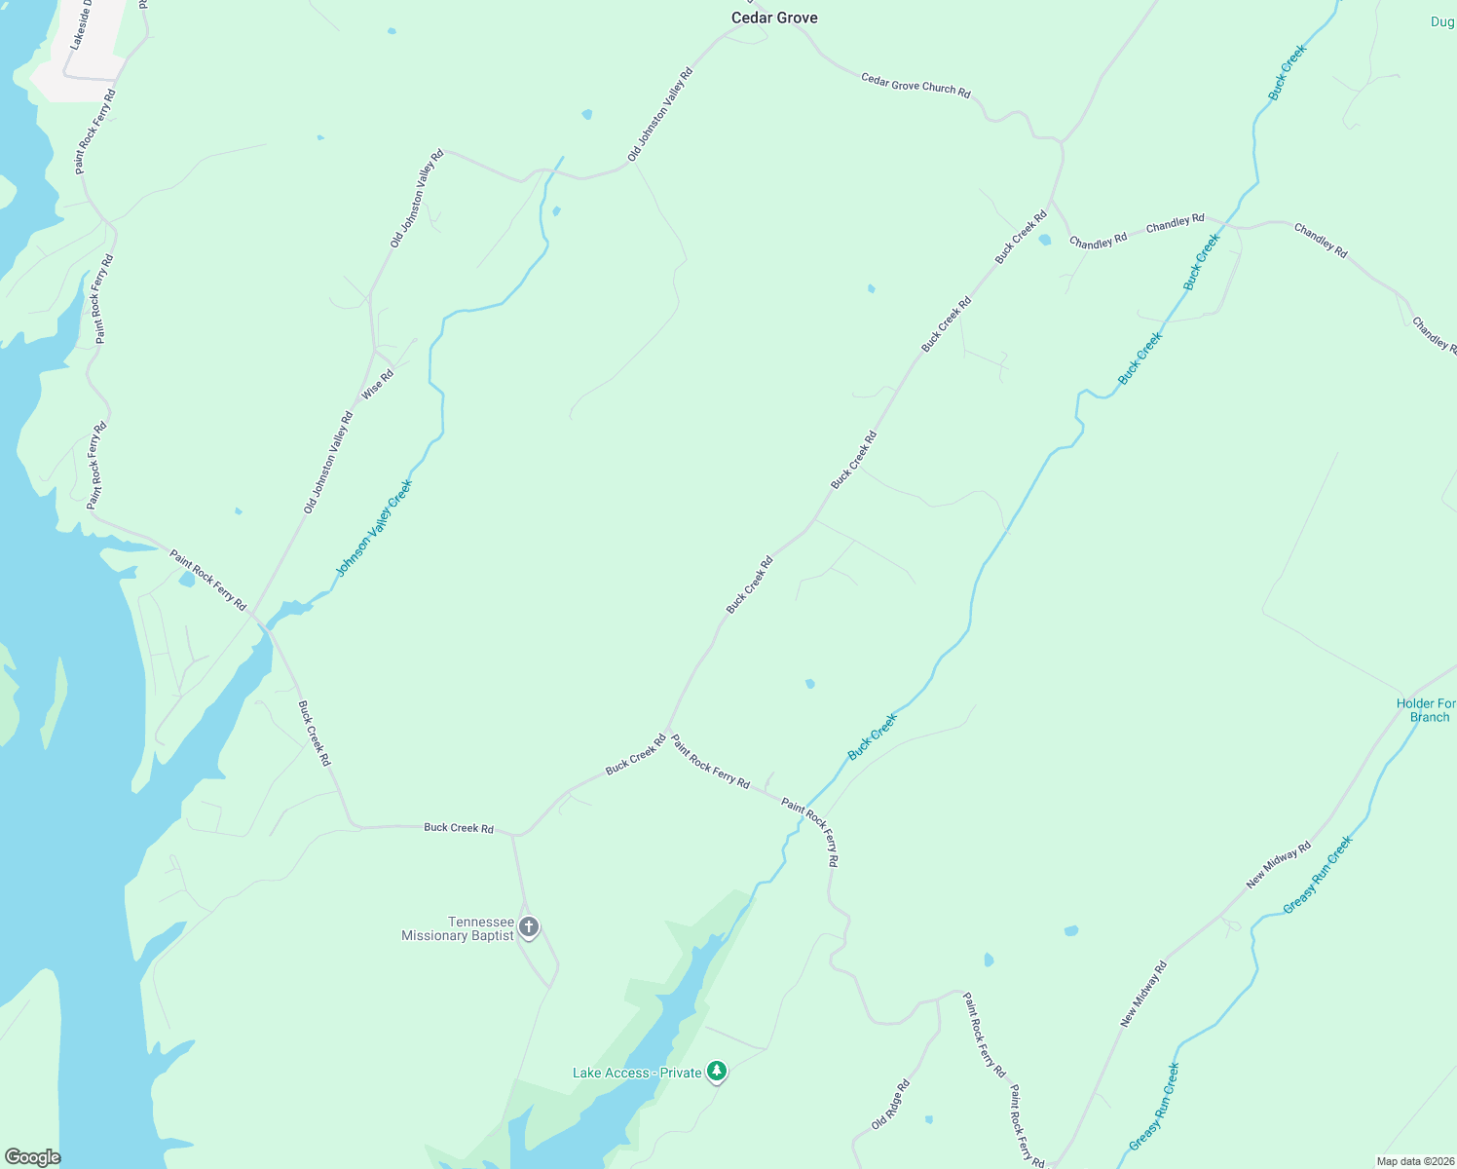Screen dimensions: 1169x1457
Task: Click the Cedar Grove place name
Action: tap(774, 18)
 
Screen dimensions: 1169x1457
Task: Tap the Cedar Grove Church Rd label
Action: tap(915, 85)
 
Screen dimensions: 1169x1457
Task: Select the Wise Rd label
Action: tap(378, 384)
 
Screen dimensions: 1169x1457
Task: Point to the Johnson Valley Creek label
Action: tap(374, 528)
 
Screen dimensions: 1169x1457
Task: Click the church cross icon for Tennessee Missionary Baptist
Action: tap(529, 926)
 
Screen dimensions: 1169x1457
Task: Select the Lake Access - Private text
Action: tap(637, 1073)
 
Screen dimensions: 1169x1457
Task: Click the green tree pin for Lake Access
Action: tap(717, 1072)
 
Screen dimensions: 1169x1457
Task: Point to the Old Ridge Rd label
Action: tap(890, 1105)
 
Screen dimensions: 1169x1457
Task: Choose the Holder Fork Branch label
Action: tap(1427, 710)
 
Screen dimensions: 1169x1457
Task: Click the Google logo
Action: tap(32, 1157)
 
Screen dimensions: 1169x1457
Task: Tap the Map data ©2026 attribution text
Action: tap(1413, 1161)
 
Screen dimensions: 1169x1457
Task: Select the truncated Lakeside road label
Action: tap(81, 25)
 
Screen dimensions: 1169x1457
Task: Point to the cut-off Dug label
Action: tap(1441, 21)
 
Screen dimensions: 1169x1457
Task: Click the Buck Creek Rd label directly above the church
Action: tap(459, 828)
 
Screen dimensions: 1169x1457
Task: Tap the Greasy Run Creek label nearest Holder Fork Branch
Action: tap(1318, 875)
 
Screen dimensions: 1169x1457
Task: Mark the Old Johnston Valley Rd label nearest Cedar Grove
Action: tap(660, 115)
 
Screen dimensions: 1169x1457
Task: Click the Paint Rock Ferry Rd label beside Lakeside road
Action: tap(95, 132)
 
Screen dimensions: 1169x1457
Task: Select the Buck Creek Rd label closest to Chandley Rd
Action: tap(1021, 237)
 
